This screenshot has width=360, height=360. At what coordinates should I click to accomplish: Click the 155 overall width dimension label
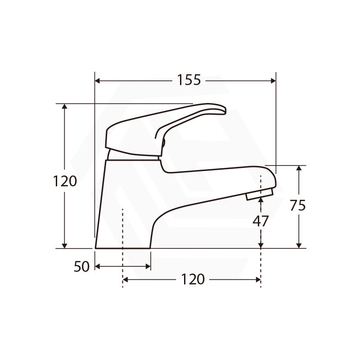pos(189,80)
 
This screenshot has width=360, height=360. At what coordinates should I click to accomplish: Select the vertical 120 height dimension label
pos(65,181)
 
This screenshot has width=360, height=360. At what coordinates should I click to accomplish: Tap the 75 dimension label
pos(298,205)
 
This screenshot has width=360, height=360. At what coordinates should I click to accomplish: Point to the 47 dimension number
pos(261,221)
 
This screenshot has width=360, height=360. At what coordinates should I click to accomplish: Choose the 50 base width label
pos(81,266)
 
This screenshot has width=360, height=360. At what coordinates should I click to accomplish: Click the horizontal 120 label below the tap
pos(193,279)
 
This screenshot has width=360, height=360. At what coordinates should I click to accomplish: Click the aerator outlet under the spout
pos(260,194)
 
